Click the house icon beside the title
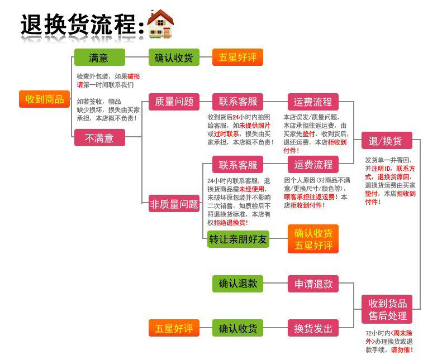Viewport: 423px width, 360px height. tap(160, 24)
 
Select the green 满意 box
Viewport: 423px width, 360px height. tap(99, 57)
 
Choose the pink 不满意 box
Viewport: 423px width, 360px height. tap(99, 137)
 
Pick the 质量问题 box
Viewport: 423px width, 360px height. tap(174, 102)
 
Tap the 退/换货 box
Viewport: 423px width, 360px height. tap(386, 141)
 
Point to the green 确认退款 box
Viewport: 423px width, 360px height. tap(237, 284)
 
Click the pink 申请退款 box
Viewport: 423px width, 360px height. tap(313, 284)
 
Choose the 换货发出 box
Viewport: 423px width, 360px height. tap(313, 328)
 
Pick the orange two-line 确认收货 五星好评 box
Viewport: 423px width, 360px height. tap(313, 239)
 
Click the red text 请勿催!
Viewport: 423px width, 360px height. tap(402, 350)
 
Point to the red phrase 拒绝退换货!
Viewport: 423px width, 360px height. tap(230, 222)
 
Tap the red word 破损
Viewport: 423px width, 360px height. tap(134, 76)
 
